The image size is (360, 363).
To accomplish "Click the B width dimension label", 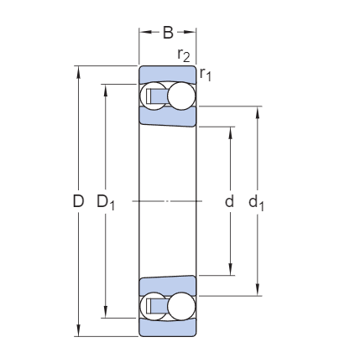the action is click(x=168, y=33).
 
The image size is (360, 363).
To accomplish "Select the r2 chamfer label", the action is click(x=184, y=54).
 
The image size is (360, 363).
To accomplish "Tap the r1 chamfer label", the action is click(x=206, y=75).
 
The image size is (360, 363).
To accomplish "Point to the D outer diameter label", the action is click(x=78, y=201).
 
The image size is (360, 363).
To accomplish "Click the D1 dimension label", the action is click(x=106, y=202).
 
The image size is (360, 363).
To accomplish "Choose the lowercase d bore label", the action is click(x=229, y=201).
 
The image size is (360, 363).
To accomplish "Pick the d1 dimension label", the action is click(x=256, y=202).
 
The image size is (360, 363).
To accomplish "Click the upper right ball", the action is click(x=181, y=96).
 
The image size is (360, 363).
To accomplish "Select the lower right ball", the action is click(x=181, y=306).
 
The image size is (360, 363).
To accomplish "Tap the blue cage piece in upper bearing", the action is click(x=159, y=96).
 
